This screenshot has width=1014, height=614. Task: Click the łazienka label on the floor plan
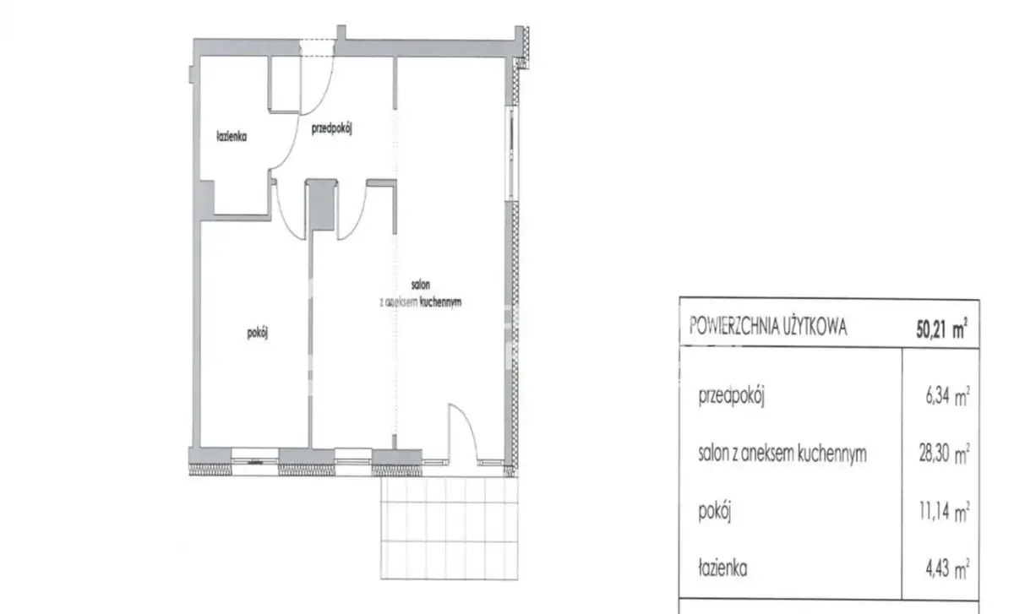click(x=232, y=136)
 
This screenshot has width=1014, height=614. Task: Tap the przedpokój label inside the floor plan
click(x=332, y=129)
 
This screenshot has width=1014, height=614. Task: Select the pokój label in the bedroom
click(x=257, y=334)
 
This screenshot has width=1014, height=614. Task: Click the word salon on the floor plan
click(x=421, y=285)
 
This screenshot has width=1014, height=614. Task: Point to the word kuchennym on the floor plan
click(x=440, y=302)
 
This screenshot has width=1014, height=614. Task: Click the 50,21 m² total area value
click(x=941, y=329)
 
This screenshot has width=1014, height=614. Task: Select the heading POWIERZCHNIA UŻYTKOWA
click(x=768, y=326)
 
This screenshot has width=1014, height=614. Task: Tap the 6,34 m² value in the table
click(x=947, y=397)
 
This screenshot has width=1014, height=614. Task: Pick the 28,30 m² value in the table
click(x=945, y=454)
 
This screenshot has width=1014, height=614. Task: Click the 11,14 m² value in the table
click(x=945, y=512)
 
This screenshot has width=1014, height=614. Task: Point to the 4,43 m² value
click(x=947, y=568)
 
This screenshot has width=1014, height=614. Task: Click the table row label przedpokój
click(x=732, y=397)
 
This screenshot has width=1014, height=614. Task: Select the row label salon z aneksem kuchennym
click(x=782, y=454)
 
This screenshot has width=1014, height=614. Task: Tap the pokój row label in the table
click(x=715, y=512)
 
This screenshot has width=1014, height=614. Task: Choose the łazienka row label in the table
click(x=722, y=568)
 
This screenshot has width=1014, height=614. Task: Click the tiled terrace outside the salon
click(x=449, y=528)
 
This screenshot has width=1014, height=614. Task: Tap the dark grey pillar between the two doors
click(x=321, y=205)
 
